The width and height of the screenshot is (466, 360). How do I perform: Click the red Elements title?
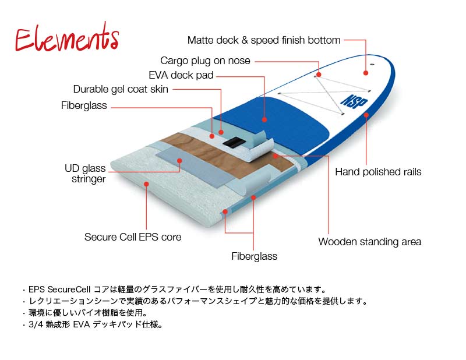click(67, 40)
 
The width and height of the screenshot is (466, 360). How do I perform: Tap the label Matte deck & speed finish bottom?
click(264, 40)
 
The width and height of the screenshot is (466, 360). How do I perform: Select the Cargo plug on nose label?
click(205, 61)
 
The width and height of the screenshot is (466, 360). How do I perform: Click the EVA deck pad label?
click(181, 75)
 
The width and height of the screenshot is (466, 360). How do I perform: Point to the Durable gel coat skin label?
click(121, 89)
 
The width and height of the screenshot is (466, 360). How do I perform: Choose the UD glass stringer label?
click(86, 174)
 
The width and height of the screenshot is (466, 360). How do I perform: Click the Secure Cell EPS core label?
click(133, 237)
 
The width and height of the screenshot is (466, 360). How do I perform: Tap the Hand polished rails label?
click(378, 172)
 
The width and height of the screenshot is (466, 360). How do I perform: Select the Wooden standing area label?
click(369, 242)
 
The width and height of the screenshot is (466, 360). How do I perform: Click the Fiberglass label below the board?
click(254, 256)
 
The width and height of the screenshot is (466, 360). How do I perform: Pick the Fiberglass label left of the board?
click(84, 106)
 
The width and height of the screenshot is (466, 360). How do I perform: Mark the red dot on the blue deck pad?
click(264, 119)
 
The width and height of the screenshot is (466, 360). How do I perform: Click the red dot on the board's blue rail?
click(366, 115)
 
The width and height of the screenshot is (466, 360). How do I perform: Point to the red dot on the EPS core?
click(146, 183)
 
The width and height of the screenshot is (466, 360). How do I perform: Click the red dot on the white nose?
click(366, 73)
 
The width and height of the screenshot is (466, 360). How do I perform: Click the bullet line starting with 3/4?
click(94, 324)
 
